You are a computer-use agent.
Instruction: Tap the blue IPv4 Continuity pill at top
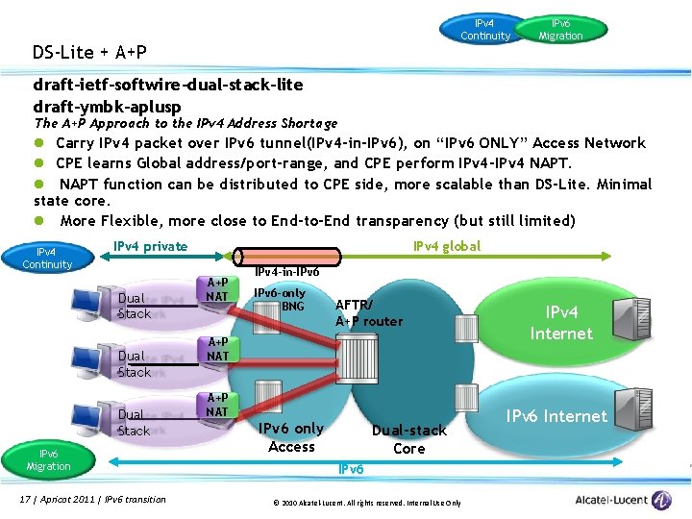click(485, 29)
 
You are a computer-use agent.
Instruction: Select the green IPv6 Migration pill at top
click(560, 29)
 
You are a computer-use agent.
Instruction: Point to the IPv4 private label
click(150, 246)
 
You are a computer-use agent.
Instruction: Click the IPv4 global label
click(447, 246)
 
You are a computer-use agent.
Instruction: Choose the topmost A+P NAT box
click(218, 289)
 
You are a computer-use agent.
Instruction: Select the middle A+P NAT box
click(218, 349)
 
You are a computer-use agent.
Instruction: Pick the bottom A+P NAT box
click(218, 405)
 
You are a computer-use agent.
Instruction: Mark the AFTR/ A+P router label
click(369, 313)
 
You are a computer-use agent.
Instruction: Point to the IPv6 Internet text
click(556, 416)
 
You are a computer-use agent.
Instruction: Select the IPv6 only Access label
click(292, 437)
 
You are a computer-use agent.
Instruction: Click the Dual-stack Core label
click(408, 439)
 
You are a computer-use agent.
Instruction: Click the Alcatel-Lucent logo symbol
click(661, 500)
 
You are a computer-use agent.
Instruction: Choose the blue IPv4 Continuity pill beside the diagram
click(47, 259)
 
